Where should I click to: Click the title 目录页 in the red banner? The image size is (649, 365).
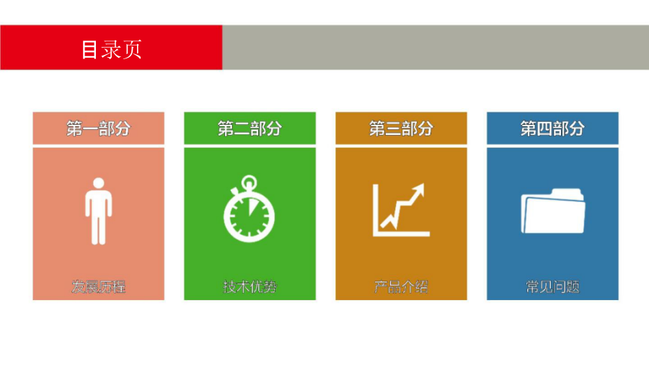[111, 49]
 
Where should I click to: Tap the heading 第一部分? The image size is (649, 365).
[99, 128]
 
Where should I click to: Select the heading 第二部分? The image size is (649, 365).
[250, 128]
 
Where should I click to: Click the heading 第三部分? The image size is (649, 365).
[401, 128]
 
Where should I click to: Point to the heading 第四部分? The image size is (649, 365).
[552, 128]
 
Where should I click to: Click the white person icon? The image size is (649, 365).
[99, 211]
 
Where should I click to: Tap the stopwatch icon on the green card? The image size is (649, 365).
[250, 208]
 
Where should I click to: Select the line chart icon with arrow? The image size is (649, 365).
[401, 210]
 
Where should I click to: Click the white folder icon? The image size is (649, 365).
[552, 211]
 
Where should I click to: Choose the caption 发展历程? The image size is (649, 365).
[99, 286]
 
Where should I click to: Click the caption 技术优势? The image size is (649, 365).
[250, 286]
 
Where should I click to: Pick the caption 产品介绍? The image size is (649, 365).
[401, 286]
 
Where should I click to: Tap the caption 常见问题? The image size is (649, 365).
[552, 286]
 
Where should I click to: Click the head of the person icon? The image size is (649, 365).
[99, 183]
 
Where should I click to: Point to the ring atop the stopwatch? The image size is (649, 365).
[250, 182]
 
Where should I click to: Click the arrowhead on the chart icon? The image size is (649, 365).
[418, 190]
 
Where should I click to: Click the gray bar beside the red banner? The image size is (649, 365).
[436, 47]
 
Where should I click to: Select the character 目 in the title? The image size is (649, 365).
[89, 50]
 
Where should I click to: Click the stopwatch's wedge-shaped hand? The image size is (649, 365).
[252, 207]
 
